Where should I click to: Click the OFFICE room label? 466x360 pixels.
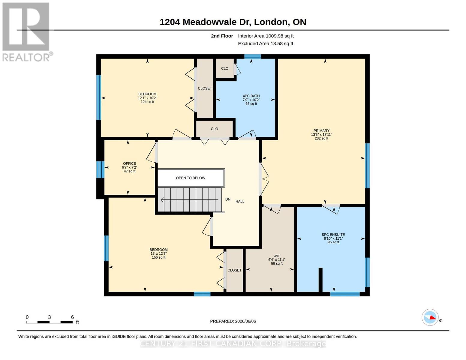(x=129, y=163)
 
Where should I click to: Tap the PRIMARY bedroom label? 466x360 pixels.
(x=321, y=130)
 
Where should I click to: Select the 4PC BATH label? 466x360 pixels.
(x=251, y=96)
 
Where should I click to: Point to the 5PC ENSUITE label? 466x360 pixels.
(x=333, y=235)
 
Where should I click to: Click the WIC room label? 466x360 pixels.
(x=277, y=256)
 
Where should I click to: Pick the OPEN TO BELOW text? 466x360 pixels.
(x=191, y=178)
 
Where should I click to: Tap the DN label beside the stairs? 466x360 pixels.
(x=228, y=199)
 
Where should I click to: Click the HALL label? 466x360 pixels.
(x=240, y=201)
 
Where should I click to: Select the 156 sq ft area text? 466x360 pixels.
(x=158, y=257)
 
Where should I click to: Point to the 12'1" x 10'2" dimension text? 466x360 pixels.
(x=147, y=98)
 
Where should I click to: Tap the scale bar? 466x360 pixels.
(x=49, y=322)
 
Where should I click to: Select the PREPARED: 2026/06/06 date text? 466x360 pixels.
(x=233, y=321)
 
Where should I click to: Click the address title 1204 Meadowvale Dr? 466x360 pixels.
(x=206, y=22)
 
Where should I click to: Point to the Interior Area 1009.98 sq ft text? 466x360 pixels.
(x=266, y=36)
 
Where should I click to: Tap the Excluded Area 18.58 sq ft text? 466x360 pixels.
(x=266, y=43)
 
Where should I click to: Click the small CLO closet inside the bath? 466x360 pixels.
(x=225, y=68)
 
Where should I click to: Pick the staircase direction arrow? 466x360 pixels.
(x=190, y=199)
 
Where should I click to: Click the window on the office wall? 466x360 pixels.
(x=100, y=169)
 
